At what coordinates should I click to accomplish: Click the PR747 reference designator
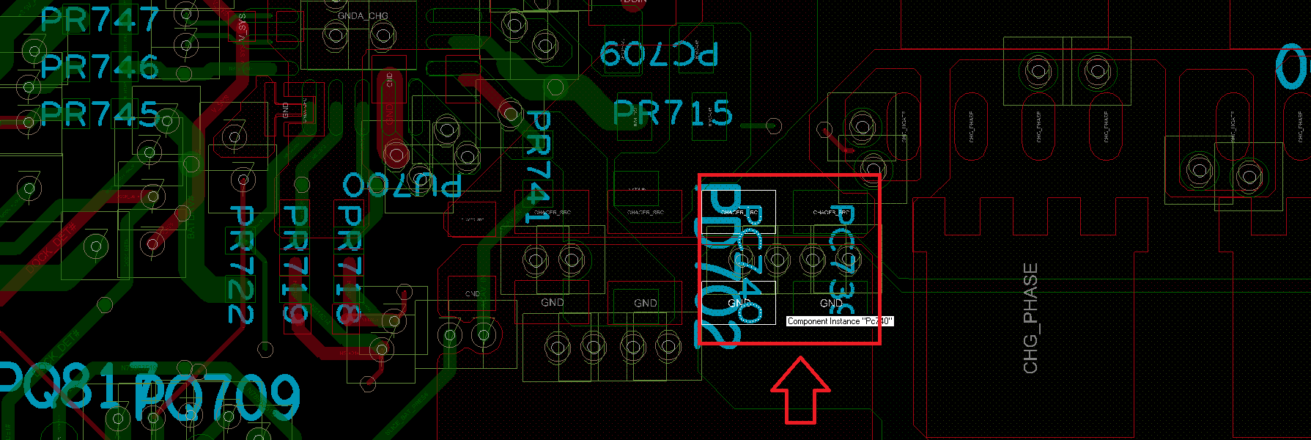tap(100, 20)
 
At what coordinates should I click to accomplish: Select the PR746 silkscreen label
tap(100, 67)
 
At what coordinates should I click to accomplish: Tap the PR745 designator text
tap(100, 114)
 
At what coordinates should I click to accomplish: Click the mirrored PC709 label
tap(658, 54)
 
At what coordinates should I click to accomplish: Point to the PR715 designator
tap(672, 113)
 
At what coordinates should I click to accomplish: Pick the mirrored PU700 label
tap(402, 184)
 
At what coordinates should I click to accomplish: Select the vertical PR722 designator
tap(241, 264)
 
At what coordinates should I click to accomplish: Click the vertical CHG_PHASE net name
tap(1030, 318)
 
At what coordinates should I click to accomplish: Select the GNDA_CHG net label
tap(363, 15)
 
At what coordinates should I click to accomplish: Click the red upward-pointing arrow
tap(800, 390)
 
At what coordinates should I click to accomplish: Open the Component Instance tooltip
tap(840, 321)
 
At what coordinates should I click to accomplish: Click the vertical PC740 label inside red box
tap(750, 264)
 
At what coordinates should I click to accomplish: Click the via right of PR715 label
tap(772, 125)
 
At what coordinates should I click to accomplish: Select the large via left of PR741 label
tap(511, 113)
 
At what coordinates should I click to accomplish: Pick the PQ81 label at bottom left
tap(59, 385)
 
